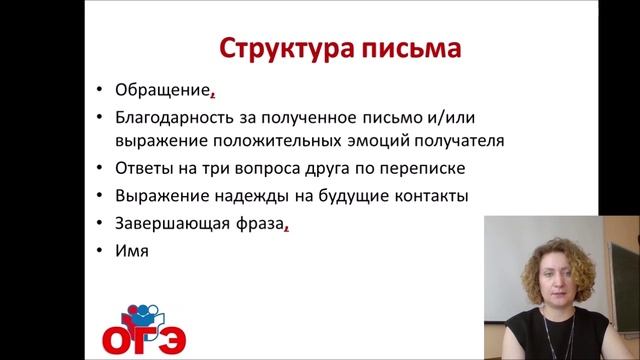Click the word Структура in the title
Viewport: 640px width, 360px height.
[277, 48]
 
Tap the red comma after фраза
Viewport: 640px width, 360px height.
[286, 227]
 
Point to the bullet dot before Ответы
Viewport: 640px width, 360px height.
[100, 167]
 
